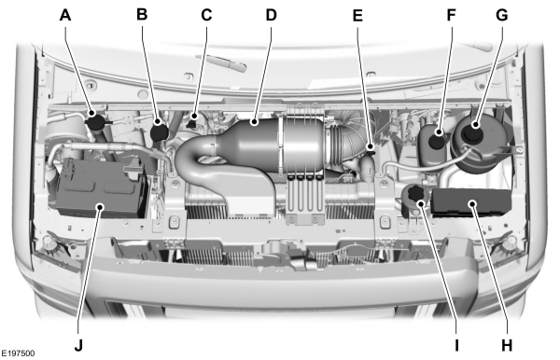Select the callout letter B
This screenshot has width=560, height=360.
click(x=142, y=15)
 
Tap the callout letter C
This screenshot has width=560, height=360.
click(x=206, y=15)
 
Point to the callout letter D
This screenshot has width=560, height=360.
click(x=272, y=15)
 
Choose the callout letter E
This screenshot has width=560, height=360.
click(x=358, y=15)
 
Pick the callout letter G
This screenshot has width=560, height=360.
click(x=503, y=15)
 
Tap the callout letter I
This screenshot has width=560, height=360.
click(x=456, y=343)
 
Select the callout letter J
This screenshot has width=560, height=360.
click(x=79, y=343)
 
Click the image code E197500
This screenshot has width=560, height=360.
click(x=20, y=354)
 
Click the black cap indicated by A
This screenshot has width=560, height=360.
click(x=93, y=120)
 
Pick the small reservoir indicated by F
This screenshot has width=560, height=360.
click(x=433, y=142)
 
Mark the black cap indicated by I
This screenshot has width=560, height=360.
click(x=412, y=195)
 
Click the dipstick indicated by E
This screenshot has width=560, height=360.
click(x=371, y=148)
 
